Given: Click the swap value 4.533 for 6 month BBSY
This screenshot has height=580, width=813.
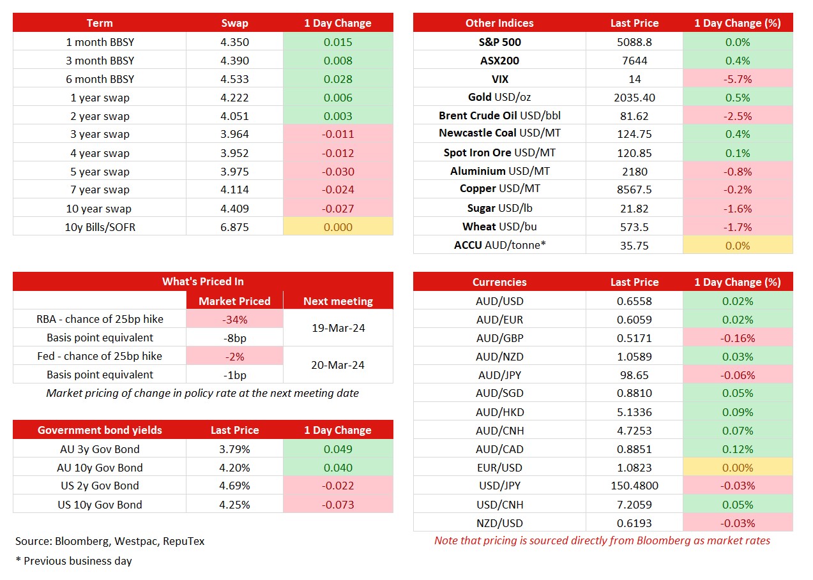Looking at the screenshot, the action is point(234,79).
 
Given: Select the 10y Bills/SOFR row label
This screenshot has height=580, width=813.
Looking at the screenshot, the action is point(100,227).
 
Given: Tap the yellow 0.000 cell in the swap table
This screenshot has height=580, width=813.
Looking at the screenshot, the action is point(338,227).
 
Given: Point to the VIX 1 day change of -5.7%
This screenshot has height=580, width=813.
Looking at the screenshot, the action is point(738,79).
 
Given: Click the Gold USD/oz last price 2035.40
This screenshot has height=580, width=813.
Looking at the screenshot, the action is point(634,98).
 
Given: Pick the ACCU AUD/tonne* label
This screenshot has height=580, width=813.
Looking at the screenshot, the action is point(499,245).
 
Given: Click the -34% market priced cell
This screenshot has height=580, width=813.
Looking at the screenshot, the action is point(234,320).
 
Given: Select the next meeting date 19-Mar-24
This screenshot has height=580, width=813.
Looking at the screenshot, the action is point(338,328).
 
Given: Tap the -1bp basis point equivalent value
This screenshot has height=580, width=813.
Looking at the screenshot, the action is point(234,375).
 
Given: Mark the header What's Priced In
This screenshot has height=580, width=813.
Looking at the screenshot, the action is point(203,281).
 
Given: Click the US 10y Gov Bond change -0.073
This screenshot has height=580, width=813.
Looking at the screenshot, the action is point(338,505).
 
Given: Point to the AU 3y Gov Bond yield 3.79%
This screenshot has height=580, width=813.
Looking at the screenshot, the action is point(234,449).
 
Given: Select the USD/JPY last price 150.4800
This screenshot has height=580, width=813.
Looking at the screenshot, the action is point(634,486).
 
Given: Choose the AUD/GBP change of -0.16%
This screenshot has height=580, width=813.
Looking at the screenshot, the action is point(738,338).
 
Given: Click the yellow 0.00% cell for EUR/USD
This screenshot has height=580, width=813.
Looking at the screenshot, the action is point(738,468).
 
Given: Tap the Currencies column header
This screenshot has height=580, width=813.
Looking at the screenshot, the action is point(499,282).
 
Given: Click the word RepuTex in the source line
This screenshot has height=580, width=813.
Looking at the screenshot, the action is point(184,541).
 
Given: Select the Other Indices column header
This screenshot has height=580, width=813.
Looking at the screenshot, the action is point(499,23).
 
